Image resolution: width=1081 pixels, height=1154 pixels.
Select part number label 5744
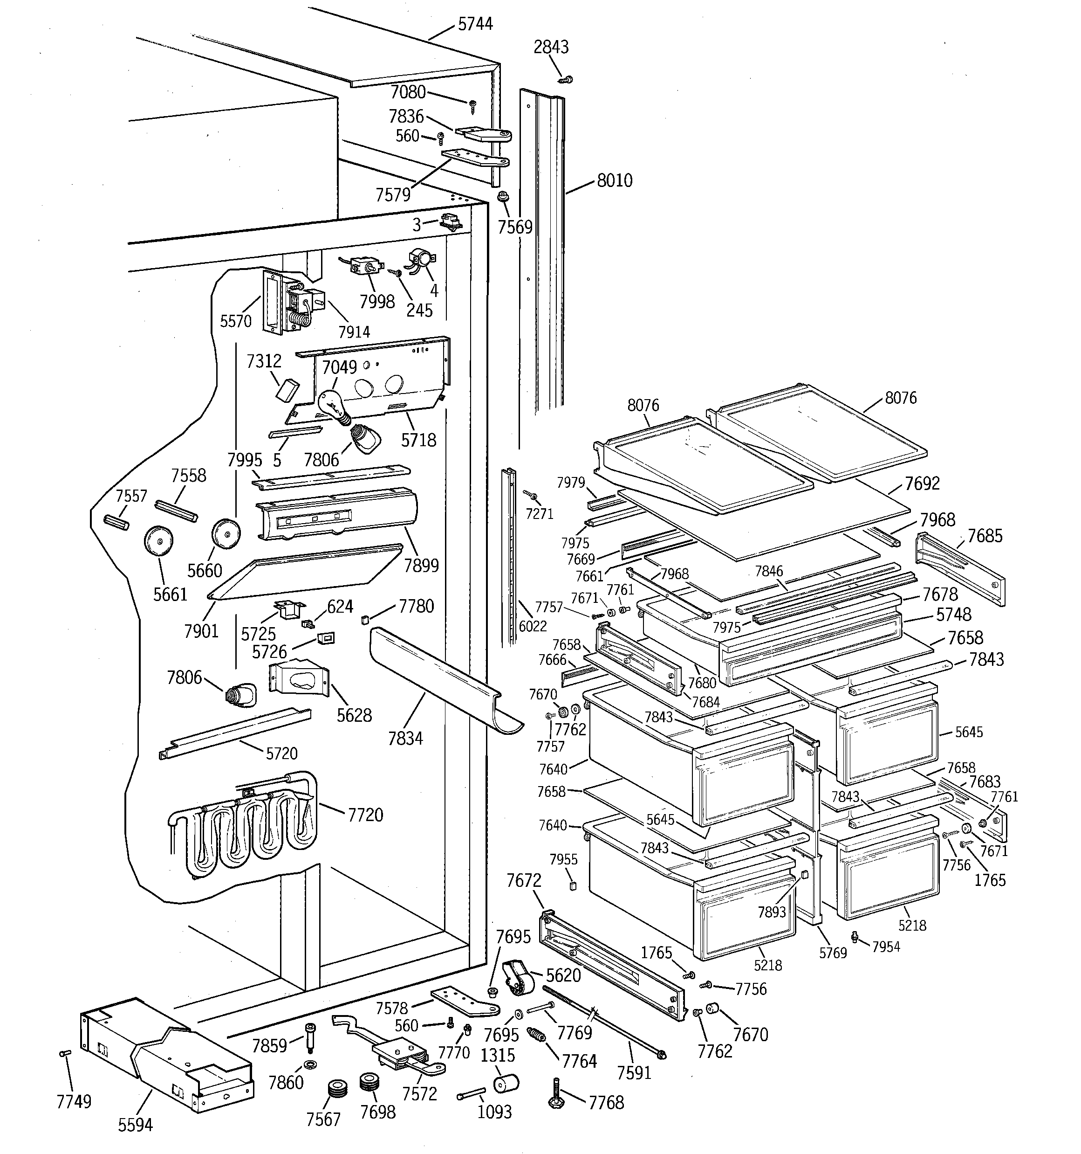(475, 24)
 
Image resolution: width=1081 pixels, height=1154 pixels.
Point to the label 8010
(615, 180)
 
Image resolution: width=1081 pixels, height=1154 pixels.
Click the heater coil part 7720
(244, 824)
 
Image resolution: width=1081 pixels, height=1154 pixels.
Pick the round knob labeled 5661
(158, 540)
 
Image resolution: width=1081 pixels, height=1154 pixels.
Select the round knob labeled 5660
(226, 533)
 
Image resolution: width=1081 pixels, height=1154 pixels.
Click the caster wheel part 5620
(518, 979)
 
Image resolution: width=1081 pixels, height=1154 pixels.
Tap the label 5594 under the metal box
(135, 1125)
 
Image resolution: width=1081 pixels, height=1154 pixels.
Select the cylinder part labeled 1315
(506, 1083)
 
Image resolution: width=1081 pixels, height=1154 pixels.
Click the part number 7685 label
(985, 536)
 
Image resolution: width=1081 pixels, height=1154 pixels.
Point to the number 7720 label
(366, 815)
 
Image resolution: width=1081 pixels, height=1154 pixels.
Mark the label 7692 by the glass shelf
(922, 484)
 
